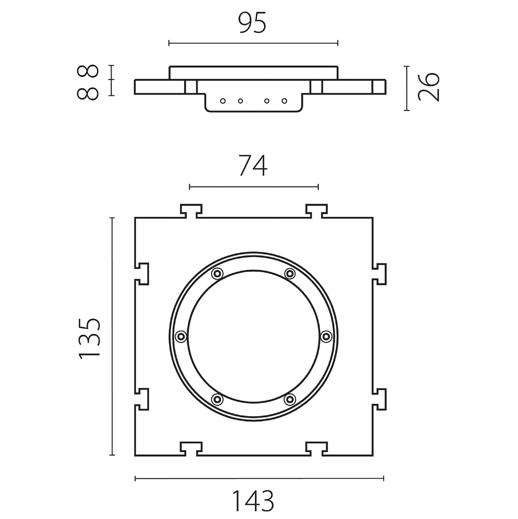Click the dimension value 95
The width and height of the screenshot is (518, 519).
pos(253,23)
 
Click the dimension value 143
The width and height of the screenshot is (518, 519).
pos(253,501)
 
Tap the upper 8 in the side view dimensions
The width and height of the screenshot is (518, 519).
pos(88,72)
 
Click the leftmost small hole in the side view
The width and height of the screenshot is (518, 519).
pos(223,101)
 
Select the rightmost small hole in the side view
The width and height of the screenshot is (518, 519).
pos(284,101)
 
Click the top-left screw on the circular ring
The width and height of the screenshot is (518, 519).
pos(217,274)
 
